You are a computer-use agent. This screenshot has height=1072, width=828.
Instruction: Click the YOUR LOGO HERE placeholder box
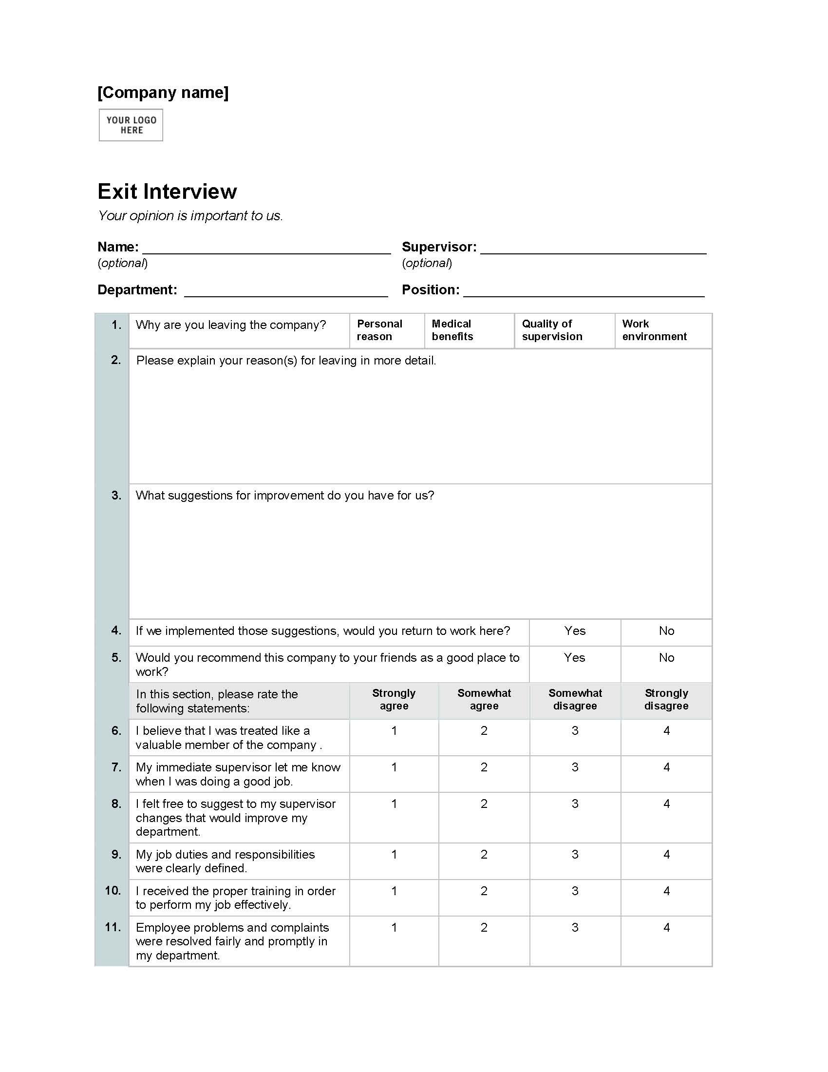[131, 125]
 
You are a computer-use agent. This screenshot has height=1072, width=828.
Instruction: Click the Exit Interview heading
[167, 191]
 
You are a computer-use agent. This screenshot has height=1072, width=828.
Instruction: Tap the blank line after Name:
[266, 249]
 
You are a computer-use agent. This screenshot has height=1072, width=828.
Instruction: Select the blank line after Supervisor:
[593, 249]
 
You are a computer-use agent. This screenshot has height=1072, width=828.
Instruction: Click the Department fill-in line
[286, 292]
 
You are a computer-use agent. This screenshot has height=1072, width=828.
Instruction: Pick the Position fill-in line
[583, 292]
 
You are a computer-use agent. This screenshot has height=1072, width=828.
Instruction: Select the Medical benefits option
[452, 330]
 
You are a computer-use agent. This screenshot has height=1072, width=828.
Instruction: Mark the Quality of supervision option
[552, 330]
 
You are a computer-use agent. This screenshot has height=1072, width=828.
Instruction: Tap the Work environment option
[654, 330]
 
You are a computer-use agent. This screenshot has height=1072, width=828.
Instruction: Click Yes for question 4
[575, 631]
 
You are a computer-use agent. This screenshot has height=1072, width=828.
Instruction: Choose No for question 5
[666, 658]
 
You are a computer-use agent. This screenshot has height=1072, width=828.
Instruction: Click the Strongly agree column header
[394, 699]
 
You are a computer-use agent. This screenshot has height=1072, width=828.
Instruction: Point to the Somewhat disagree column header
[575, 699]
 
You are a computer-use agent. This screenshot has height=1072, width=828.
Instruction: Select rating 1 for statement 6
[394, 731]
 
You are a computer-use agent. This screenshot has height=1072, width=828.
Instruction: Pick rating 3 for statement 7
[575, 767]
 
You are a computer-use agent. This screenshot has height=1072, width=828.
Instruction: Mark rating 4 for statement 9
[666, 855]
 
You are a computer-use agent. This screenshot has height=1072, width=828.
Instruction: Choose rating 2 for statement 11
[484, 927]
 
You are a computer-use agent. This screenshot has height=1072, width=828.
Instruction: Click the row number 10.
[113, 890]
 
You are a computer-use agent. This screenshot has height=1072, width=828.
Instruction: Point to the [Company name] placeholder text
[163, 92]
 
